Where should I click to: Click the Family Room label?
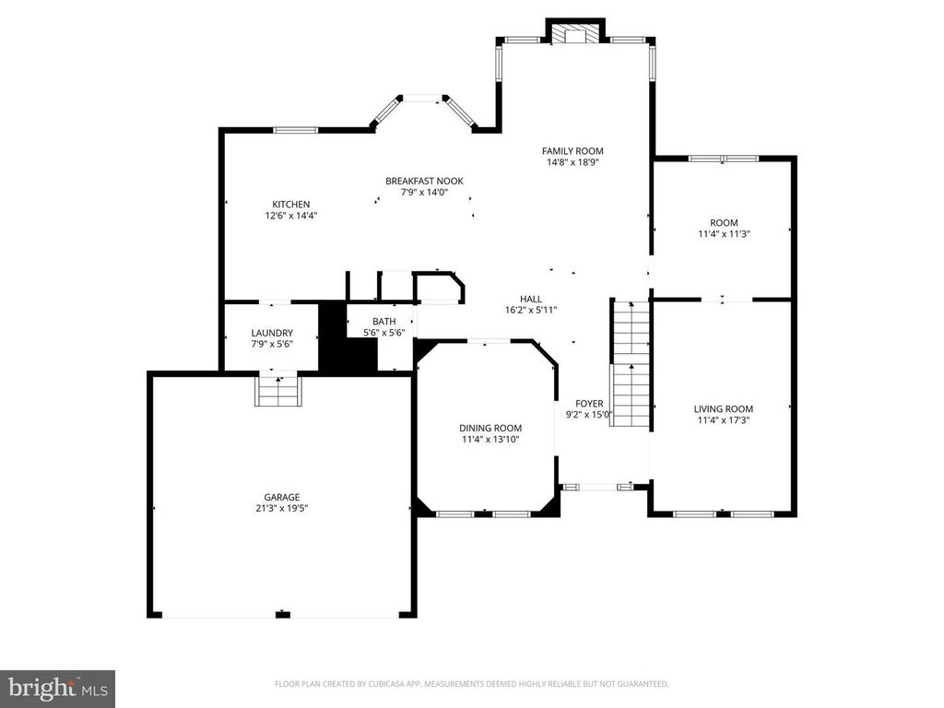[x=572, y=151]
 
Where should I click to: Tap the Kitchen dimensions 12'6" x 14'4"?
[x=290, y=216]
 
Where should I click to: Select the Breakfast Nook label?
[x=424, y=182]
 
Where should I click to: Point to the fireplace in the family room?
[x=574, y=34]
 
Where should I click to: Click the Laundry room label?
[x=272, y=333]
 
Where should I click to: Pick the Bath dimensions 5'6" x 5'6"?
[x=384, y=332]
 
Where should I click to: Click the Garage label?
[x=282, y=497]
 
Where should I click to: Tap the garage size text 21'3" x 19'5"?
[x=282, y=509]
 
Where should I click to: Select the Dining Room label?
[x=490, y=428]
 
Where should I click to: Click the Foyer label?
[x=589, y=404]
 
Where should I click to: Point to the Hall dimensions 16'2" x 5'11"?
[x=531, y=311]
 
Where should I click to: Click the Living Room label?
[x=723, y=408]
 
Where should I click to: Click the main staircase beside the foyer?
[x=631, y=363]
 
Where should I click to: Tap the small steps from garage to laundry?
[x=278, y=390]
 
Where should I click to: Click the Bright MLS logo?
[x=58, y=688]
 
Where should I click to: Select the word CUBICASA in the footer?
[x=380, y=684]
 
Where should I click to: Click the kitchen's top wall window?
[x=296, y=129]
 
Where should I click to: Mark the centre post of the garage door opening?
[x=283, y=615]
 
